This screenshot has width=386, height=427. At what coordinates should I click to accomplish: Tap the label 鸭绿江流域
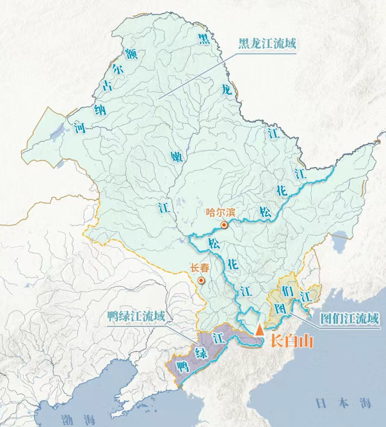pos(136,316)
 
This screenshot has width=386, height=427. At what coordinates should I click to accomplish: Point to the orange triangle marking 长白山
pos(259,330)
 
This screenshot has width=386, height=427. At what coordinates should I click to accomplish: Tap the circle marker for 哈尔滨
pos(224,225)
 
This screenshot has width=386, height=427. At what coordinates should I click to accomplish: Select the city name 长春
pos(199,269)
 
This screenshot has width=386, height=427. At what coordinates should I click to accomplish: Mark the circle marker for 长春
pos(202,280)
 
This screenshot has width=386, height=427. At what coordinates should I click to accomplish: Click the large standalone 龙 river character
pos(226,91)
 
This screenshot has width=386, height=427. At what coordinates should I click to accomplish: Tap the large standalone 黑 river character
pos(203,39)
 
